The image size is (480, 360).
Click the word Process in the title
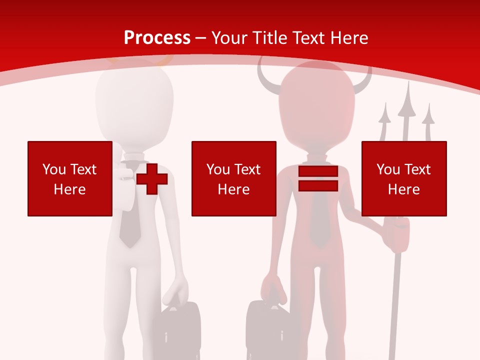[157, 38]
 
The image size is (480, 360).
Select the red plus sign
[151, 179]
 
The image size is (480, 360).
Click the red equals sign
[318, 179]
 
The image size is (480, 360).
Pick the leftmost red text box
[69, 178]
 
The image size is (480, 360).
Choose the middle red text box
[233, 178]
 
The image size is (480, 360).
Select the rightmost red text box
[403, 178]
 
